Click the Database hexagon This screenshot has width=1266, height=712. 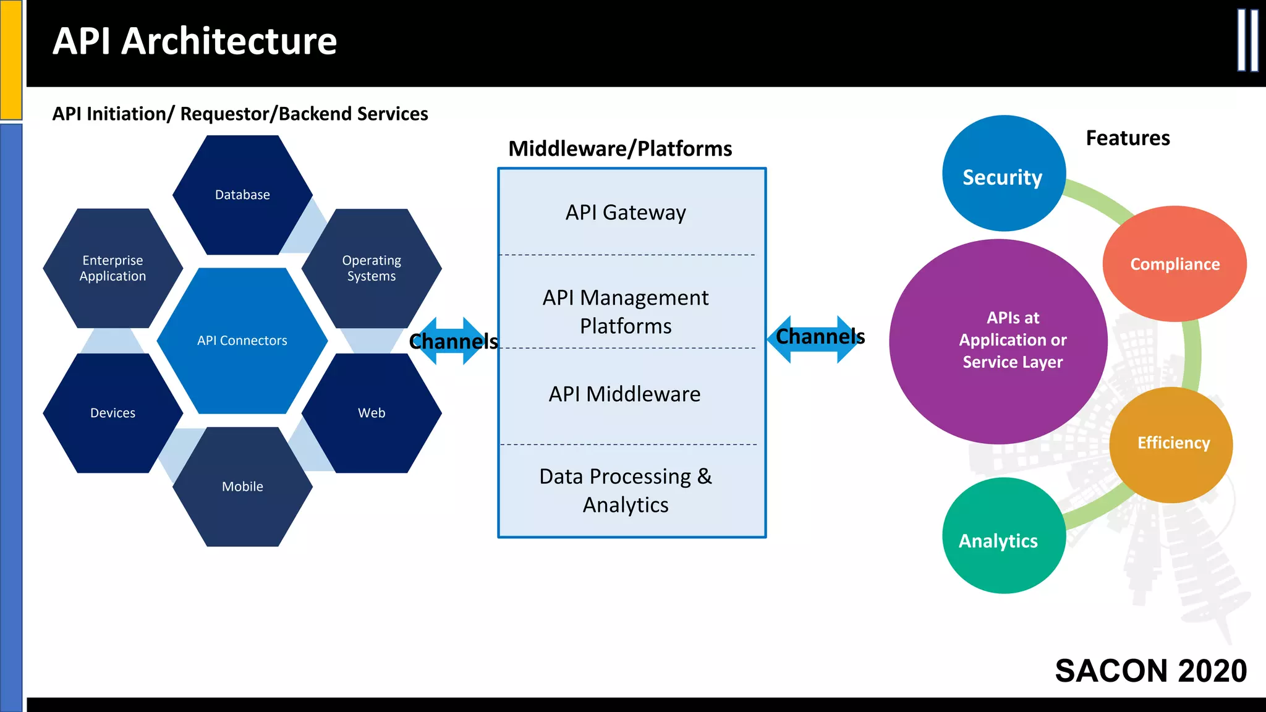242,195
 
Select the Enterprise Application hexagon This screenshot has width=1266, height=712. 113,268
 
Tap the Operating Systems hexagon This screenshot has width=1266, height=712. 372,268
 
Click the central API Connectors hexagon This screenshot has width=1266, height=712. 242,341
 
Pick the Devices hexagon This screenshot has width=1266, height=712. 113,413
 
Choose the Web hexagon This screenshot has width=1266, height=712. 372,413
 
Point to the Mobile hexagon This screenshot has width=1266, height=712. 242,486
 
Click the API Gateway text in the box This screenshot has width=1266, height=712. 626,213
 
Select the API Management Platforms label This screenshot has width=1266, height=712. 626,311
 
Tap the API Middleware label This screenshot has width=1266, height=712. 625,394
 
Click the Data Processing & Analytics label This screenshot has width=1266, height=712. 626,491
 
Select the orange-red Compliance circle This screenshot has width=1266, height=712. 1175,264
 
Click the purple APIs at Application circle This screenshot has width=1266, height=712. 998,341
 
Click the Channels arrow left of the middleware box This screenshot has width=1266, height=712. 454,341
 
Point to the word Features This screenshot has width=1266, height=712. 1128,138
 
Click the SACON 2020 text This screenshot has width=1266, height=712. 1150,671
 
